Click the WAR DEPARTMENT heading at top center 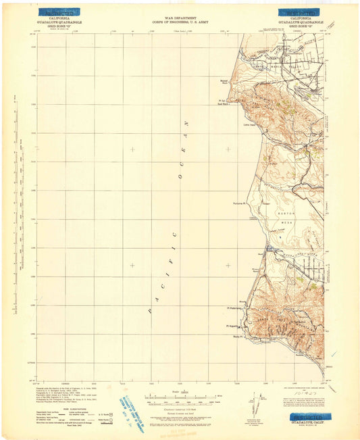pyautogui.click(x=179, y=18)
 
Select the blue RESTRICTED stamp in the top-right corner pyautogui.click(x=301, y=12)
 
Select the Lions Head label pyautogui.click(x=247, y=124)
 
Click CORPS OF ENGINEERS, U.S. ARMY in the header pyautogui.click(x=179, y=22)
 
